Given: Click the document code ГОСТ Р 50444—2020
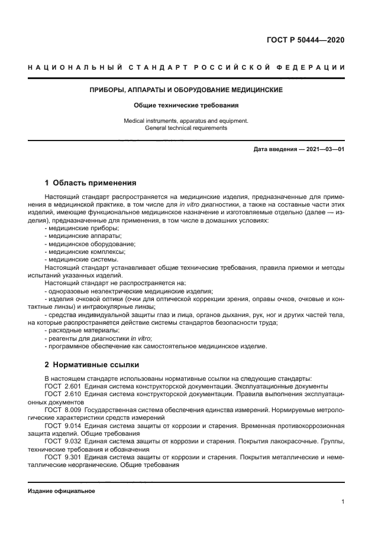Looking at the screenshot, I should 306,40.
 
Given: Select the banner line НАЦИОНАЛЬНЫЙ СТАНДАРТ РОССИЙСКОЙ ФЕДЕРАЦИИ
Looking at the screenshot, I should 186,68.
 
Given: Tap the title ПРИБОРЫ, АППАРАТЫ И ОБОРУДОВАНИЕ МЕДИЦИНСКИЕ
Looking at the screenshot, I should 186,90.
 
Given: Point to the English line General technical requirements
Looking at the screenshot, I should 186,128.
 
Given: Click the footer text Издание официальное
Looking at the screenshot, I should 62,491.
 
